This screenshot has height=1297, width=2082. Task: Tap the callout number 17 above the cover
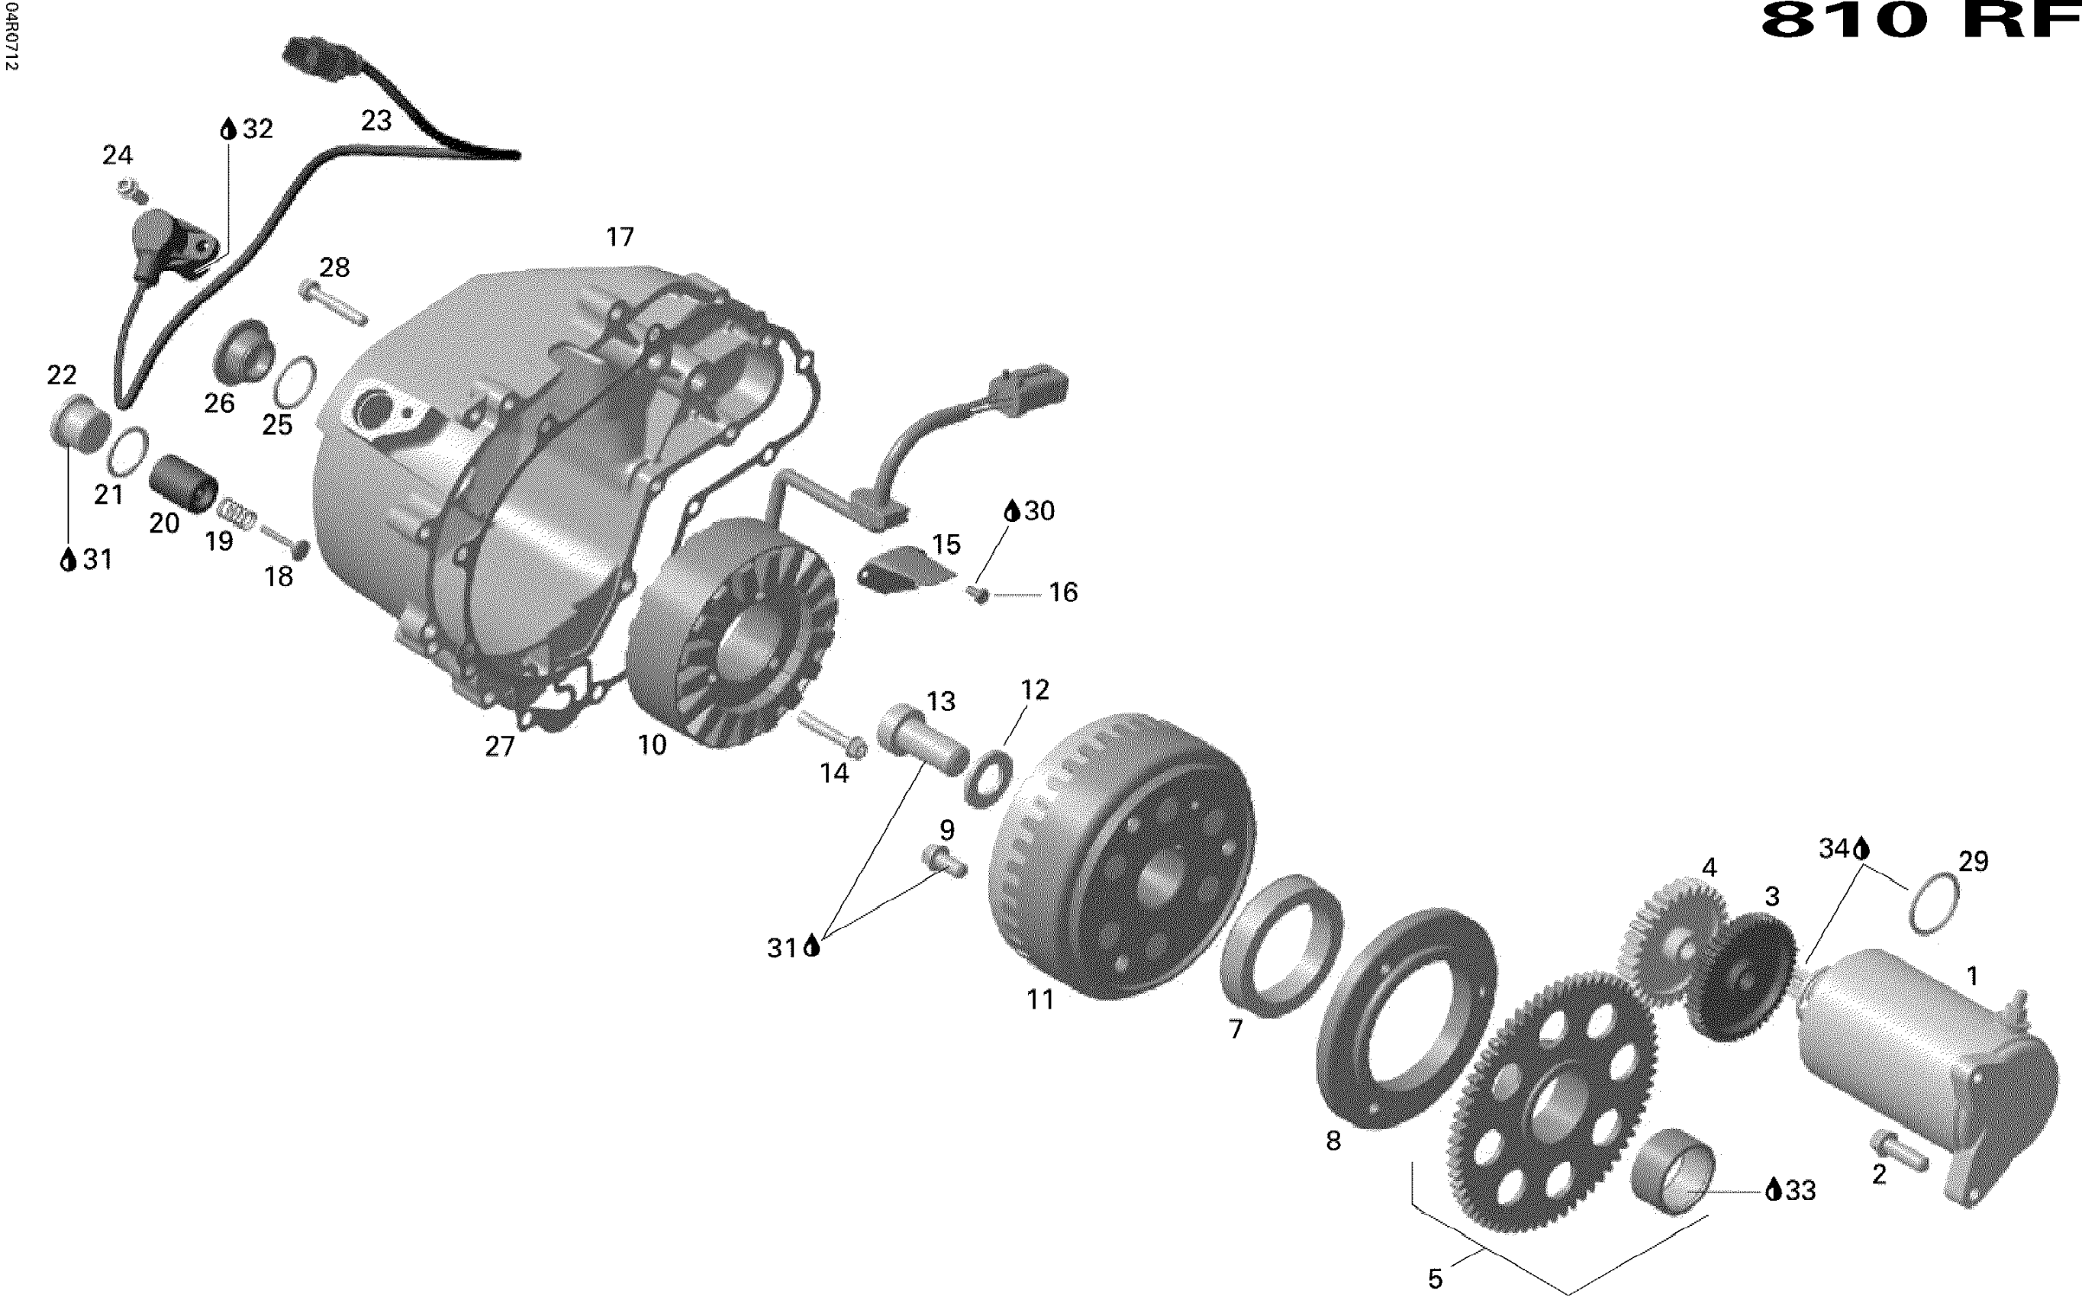pos(620,237)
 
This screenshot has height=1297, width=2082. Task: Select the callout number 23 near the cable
pos(375,121)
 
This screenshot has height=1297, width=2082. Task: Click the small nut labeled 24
pos(133,191)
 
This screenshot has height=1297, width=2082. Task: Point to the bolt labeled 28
pos(334,303)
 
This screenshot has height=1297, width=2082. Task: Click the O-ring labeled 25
pos(295,381)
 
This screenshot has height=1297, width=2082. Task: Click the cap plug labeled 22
pos(80,421)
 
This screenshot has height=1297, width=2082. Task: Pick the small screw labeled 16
pos(978,593)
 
